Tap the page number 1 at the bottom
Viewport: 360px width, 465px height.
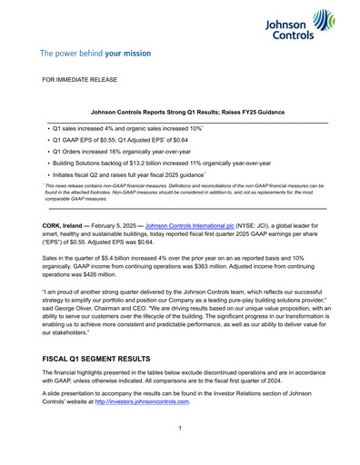pyautogui.click(x=180, y=429)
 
